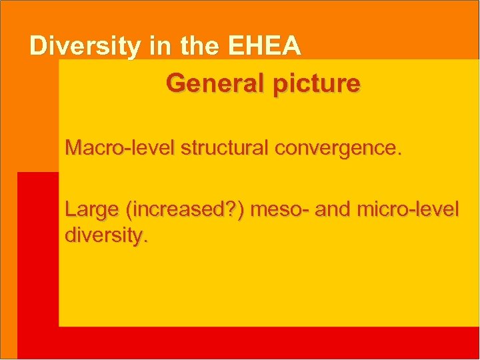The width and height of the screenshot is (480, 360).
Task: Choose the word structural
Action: tap(211, 148)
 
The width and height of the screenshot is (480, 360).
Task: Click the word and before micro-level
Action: tap(335, 210)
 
